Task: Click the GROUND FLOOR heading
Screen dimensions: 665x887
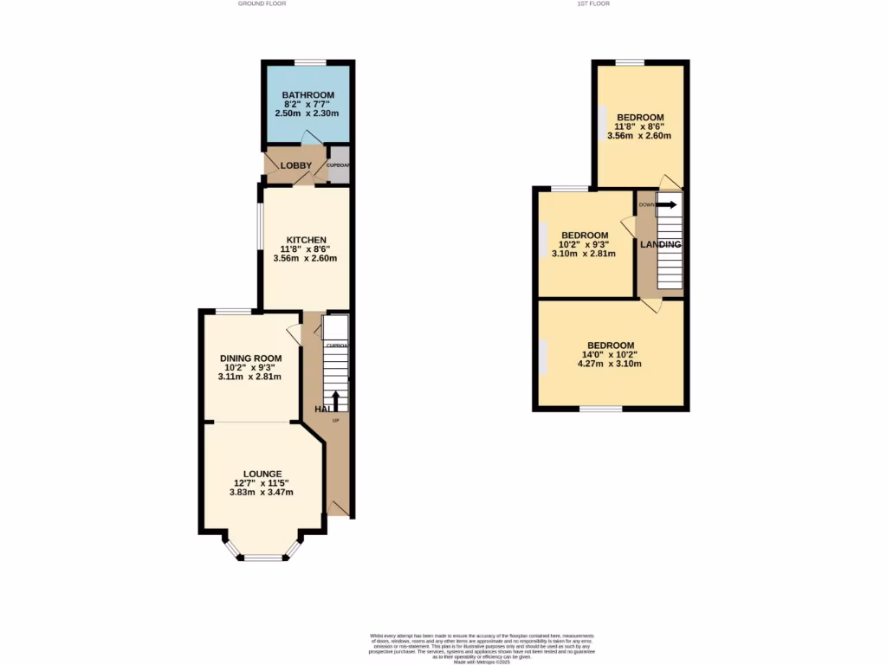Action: pyautogui.click(x=262, y=3)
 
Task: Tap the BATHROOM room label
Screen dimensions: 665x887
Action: pyautogui.click(x=308, y=95)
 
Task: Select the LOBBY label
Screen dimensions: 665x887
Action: pyautogui.click(x=295, y=165)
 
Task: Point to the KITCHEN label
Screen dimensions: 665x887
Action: pyautogui.click(x=307, y=240)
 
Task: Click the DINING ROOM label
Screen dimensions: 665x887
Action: pyautogui.click(x=250, y=358)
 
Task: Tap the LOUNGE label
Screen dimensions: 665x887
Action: pyautogui.click(x=262, y=474)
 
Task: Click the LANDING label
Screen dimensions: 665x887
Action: pyautogui.click(x=660, y=245)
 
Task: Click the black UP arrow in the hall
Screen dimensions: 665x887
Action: pyautogui.click(x=336, y=399)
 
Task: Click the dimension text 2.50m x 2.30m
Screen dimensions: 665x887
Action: pyautogui.click(x=307, y=113)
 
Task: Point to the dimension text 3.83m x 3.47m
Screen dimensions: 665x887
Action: pyautogui.click(x=262, y=493)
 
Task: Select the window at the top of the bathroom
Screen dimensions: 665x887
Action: pyautogui.click(x=309, y=61)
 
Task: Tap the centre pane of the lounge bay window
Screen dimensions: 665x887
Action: pyautogui.click(x=263, y=558)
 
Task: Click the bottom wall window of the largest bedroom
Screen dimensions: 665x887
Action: pyautogui.click(x=600, y=409)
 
